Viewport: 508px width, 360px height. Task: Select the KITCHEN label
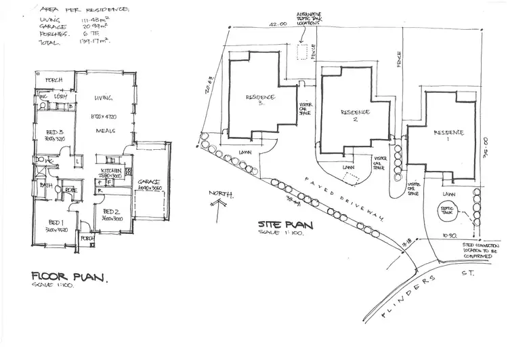110,171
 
